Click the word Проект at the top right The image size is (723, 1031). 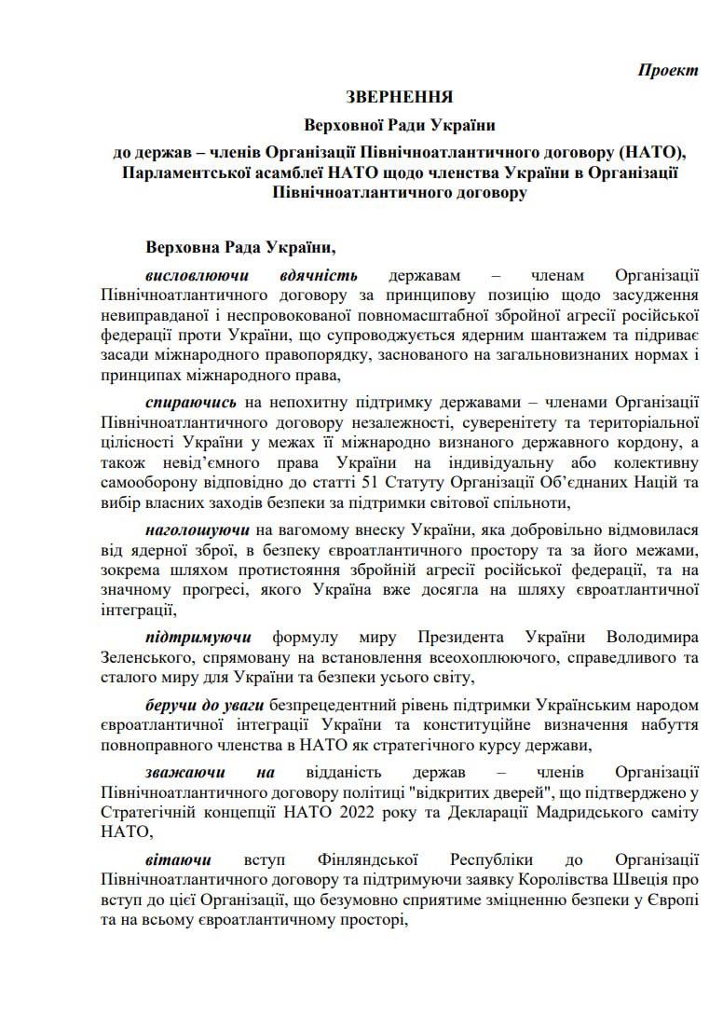[x=668, y=71]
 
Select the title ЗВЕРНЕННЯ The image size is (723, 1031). [x=400, y=97]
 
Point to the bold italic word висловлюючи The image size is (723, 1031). [x=197, y=276]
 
